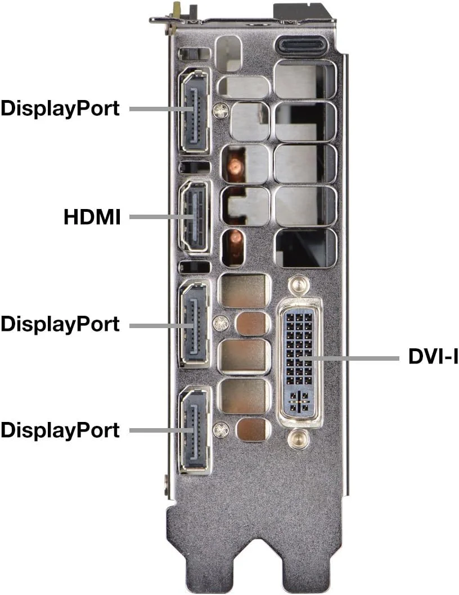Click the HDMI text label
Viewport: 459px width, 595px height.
[x=92, y=217]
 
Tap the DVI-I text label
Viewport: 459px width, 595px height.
[x=433, y=357]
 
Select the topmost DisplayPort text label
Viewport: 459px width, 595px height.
[x=60, y=108]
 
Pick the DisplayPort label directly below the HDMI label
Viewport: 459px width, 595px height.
[x=60, y=324]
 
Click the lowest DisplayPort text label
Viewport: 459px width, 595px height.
[x=60, y=430]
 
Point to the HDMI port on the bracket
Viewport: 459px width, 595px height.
[x=195, y=216]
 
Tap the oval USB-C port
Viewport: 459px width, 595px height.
[x=305, y=46]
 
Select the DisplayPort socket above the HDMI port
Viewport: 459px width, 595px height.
[x=195, y=111]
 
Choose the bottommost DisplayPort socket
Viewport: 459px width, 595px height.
[x=195, y=430]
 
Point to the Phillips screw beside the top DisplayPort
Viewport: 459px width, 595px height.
[x=220, y=111]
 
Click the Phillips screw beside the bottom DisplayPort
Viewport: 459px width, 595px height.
[x=220, y=430]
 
